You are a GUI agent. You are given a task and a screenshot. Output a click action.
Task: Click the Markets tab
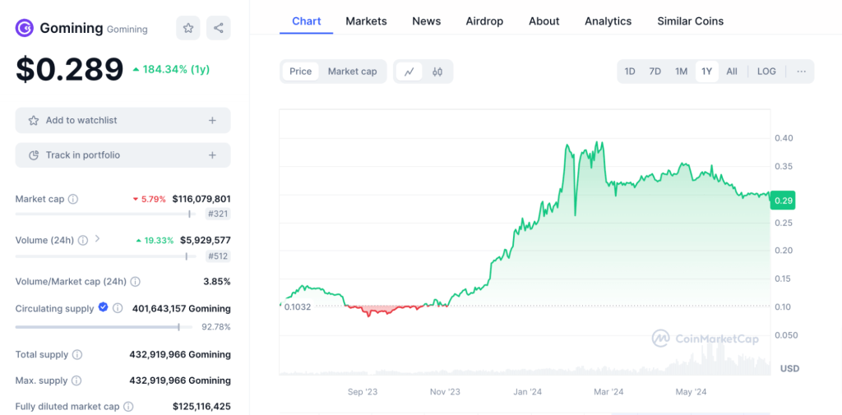click(366, 21)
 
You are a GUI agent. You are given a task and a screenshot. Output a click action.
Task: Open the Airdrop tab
click(484, 21)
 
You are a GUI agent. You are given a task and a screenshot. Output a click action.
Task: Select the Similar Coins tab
click(690, 21)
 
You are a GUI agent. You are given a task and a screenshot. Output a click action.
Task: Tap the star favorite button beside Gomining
click(188, 28)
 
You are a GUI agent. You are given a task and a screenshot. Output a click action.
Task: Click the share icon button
click(219, 28)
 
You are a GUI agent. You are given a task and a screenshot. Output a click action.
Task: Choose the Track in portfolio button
click(123, 155)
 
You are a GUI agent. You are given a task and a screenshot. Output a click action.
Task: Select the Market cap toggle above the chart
click(352, 71)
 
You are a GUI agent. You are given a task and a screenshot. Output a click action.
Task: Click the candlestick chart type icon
click(437, 71)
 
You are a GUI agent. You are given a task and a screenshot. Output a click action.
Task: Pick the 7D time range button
click(655, 71)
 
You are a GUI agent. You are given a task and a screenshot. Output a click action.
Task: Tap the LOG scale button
click(766, 71)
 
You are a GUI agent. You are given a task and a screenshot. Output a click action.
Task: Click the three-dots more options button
click(800, 71)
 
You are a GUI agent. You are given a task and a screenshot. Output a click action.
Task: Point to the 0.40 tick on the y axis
click(784, 138)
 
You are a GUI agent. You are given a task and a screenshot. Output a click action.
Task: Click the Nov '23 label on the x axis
click(445, 392)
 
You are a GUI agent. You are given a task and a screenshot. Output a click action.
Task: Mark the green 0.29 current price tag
click(783, 201)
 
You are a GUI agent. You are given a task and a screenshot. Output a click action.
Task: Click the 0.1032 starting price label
click(298, 307)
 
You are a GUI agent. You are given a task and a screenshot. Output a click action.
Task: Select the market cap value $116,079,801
click(201, 199)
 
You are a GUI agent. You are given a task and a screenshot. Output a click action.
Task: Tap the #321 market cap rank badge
click(217, 214)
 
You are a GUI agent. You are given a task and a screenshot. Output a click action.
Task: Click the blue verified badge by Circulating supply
click(103, 307)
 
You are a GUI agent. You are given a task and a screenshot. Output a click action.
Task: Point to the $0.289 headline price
click(69, 70)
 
